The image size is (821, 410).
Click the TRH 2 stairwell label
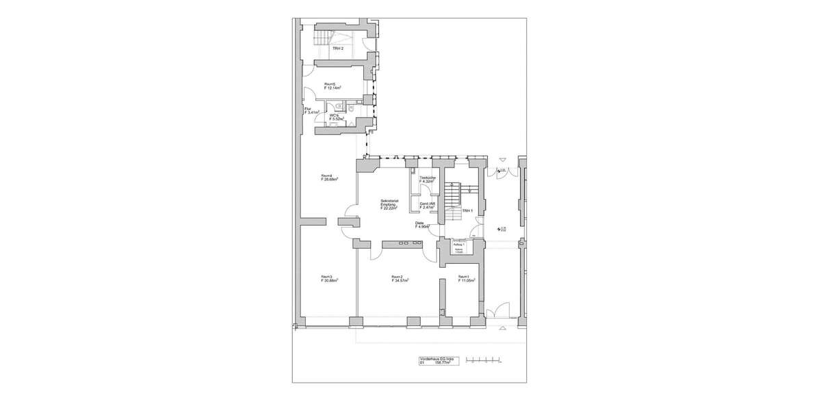point(337,49)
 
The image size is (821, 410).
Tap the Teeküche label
point(428,179)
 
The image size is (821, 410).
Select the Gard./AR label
point(427,204)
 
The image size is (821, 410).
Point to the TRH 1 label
point(467,211)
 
